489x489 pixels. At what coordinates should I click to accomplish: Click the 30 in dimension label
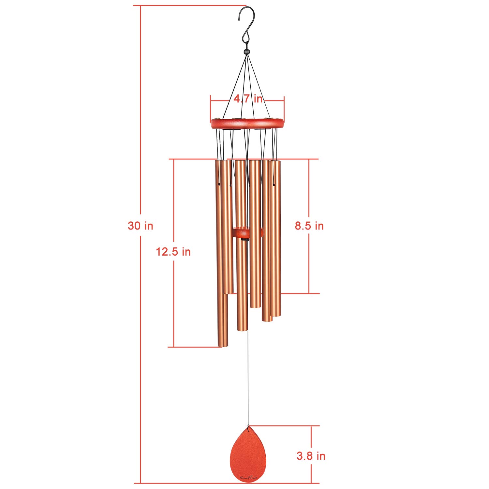140,226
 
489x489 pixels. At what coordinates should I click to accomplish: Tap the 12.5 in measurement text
173,252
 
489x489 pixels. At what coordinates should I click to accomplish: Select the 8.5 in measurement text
309,226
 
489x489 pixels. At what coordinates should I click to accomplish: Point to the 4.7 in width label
248,98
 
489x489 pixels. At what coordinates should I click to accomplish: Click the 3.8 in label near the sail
311,456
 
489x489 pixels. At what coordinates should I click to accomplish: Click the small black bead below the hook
246,52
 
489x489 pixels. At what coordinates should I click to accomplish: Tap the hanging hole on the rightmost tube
274,185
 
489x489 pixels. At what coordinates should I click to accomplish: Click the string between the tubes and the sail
247,378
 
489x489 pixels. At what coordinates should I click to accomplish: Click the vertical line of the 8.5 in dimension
309,261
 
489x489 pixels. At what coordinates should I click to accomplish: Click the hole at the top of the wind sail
248,429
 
